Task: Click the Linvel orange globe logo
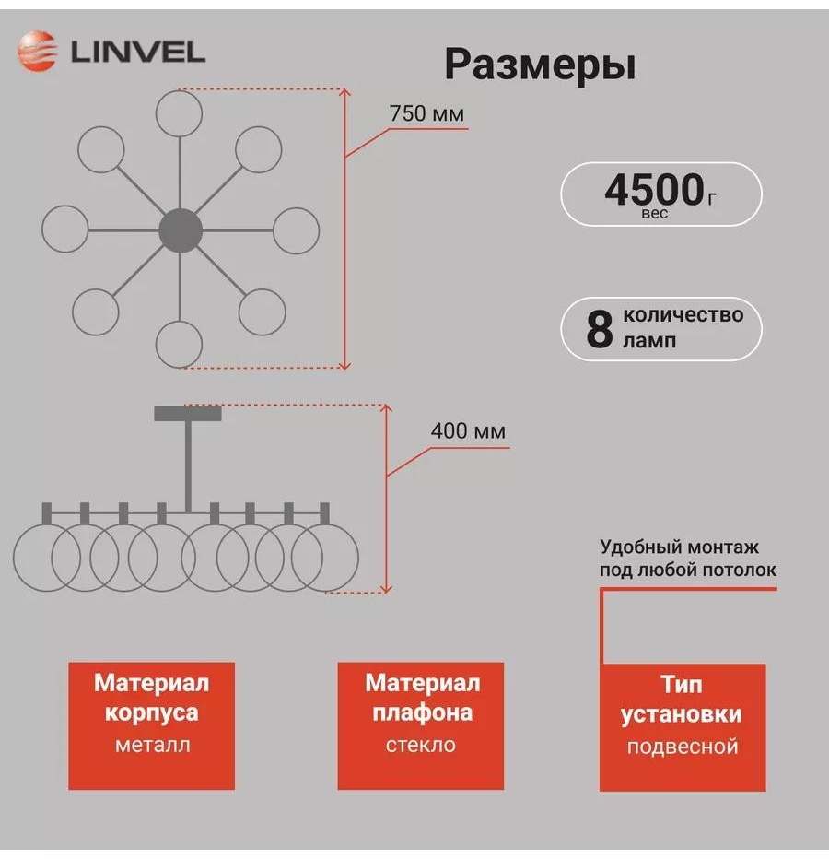[x=37, y=52]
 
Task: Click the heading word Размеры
[x=540, y=65]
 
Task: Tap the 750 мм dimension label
[x=426, y=114]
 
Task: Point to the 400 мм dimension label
[x=468, y=431]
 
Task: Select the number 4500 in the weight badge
[x=654, y=190]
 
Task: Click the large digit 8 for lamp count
[x=600, y=329]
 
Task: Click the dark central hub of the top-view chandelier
[x=181, y=230]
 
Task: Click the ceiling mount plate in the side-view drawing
[x=188, y=413]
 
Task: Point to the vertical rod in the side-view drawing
[x=188, y=466]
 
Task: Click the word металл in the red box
[x=153, y=745]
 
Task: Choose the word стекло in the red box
[x=421, y=745]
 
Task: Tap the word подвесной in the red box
[x=683, y=747]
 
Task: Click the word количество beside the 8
[x=683, y=315]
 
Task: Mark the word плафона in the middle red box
[x=422, y=713]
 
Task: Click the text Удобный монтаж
[x=680, y=547]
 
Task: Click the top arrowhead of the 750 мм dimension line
[x=344, y=92]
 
